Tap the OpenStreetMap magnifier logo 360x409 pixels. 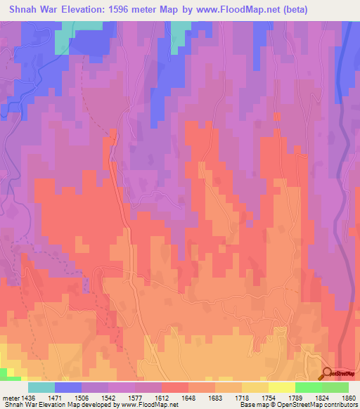(x=328, y=373)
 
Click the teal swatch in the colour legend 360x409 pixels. (x=41, y=387)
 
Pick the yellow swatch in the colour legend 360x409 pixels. (x=281, y=387)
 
